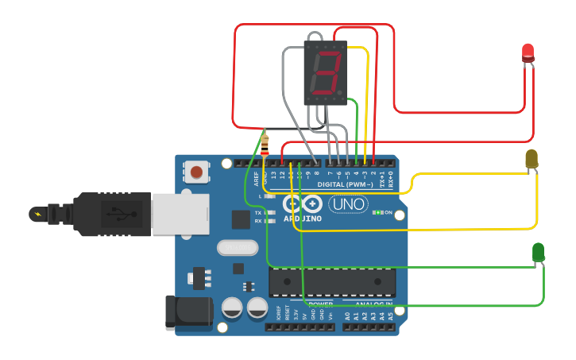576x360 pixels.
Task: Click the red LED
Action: coord(528,53)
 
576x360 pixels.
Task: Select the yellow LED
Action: coord(532,159)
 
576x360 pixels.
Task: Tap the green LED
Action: coord(538,253)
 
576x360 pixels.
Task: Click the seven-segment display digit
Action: coord(326,73)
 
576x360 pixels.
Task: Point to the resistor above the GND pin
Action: coord(265,145)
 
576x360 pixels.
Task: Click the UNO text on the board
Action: coord(348,204)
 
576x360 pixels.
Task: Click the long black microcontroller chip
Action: coord(332,282)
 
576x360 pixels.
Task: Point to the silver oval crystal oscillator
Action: coord(238,248)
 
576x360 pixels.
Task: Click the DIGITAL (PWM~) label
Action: coord(345,184)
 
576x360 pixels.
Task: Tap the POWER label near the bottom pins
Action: coord(320,304)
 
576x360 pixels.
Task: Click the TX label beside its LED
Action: coord(258,213)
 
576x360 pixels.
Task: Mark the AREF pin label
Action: coord(257,178)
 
